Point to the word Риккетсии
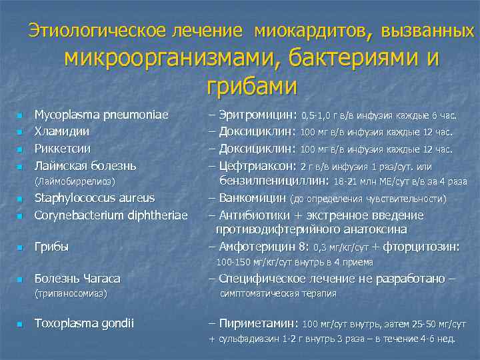[x=63, y=147]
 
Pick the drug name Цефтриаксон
[x=257, y=165]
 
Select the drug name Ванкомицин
[x=253, y=197]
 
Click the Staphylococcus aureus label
[x=94, y=197]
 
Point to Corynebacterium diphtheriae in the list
[x=111, y=214]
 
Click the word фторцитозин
[x=421, y=247]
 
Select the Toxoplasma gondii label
[x=84, y=323]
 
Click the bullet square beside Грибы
[x=21, y=247]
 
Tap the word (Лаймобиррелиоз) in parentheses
[x=75, y=181]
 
